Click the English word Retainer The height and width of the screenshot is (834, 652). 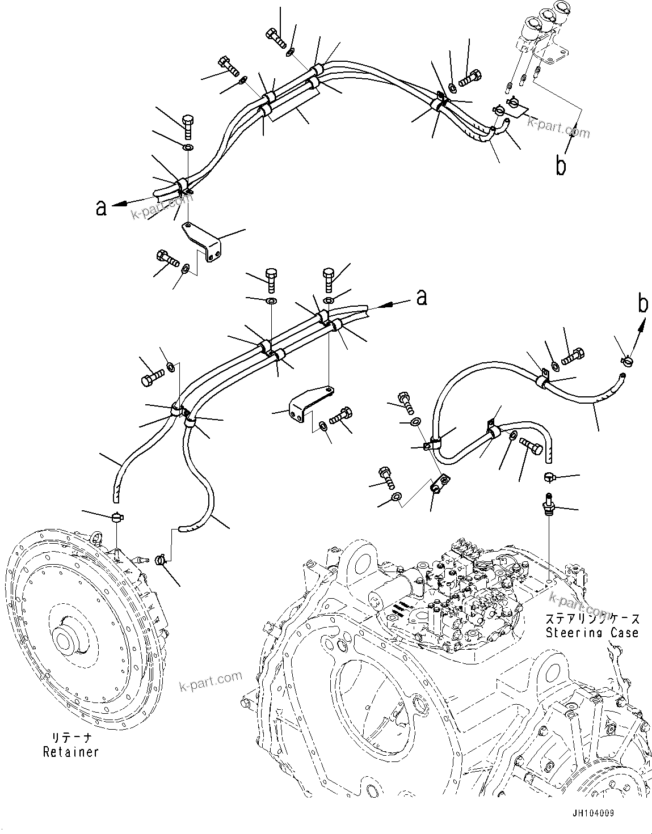[x=71, y=752]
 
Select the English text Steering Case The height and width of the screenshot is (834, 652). [x=592, y=632]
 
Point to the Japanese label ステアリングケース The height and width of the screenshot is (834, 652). [x=592, y=619]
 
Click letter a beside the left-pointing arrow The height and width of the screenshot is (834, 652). [x=101, y=208]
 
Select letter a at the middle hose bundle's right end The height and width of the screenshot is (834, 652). [x=421, y=297]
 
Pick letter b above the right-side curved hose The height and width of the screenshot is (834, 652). [x=642, y=304]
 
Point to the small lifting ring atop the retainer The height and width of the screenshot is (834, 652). [x=97, y=536]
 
